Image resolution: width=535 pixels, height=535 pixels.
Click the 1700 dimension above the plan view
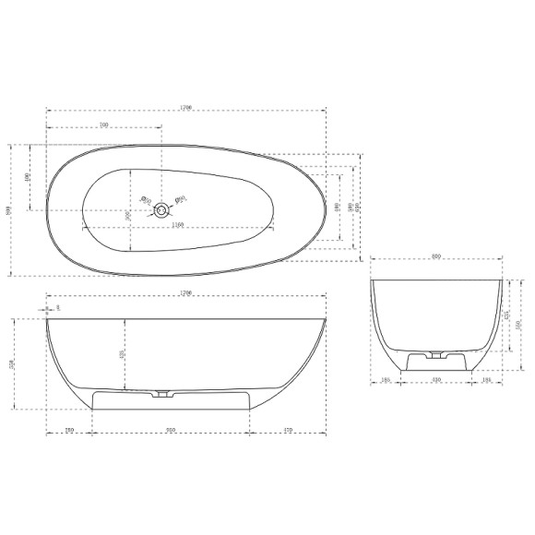185,108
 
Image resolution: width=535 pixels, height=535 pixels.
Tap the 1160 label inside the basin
178,224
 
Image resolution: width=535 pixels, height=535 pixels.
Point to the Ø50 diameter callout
144,197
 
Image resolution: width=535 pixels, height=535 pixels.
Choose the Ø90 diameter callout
182,196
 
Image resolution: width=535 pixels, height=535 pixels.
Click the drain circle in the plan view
162,210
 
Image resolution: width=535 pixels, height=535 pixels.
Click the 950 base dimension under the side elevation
171,429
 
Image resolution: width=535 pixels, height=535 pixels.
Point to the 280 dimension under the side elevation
69,429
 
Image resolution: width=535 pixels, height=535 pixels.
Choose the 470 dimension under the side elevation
288,429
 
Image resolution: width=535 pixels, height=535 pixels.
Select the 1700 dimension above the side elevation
185,293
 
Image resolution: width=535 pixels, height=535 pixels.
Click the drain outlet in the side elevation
163,394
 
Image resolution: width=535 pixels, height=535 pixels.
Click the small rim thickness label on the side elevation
57,307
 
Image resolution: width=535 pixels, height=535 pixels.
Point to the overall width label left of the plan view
8,210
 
